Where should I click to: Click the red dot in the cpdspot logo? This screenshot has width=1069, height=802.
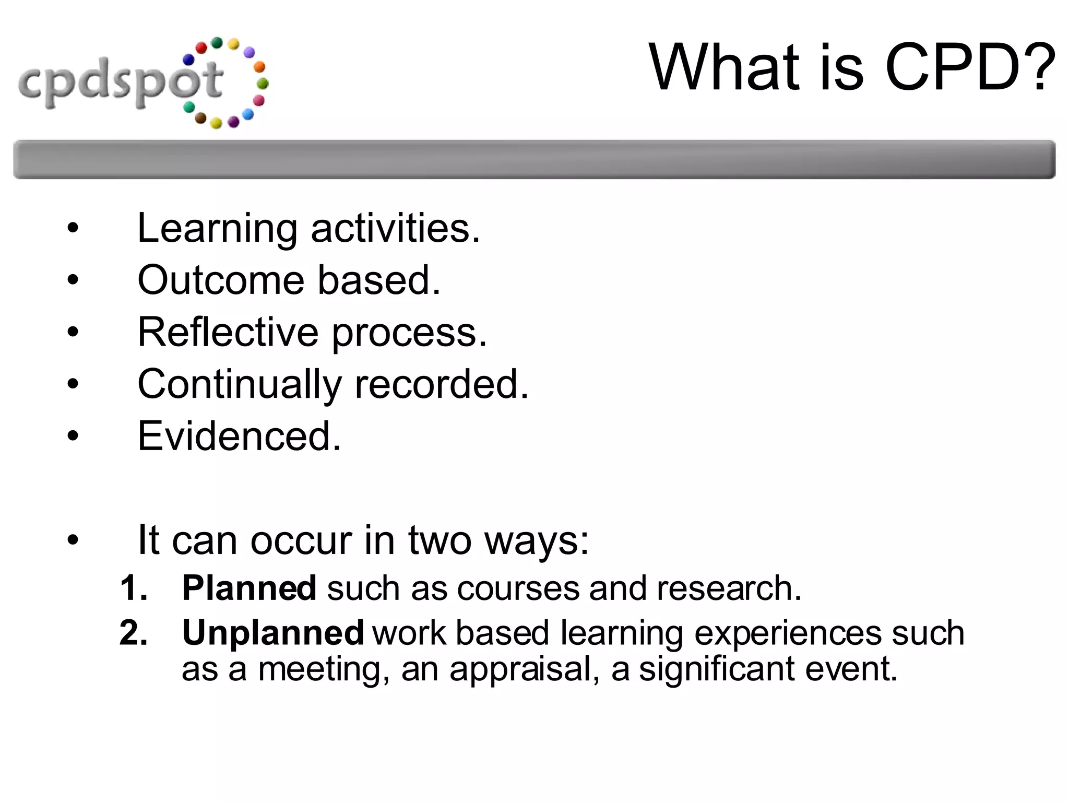[201, 48]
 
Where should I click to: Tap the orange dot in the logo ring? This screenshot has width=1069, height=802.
[259, 67]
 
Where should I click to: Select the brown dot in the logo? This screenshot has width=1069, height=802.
[200, 118]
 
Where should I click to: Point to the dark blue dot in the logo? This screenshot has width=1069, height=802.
[188, 60]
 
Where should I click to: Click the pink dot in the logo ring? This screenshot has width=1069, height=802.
[259, 100]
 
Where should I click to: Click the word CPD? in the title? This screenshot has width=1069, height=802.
[970, 68]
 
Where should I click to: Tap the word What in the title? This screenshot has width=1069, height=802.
[726, 68]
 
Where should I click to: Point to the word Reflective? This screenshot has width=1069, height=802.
[228, 333]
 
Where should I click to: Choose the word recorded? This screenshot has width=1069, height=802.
[442, 384]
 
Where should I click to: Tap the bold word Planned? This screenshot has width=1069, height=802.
[249, 588]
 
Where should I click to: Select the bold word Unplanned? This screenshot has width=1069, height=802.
[272, 633]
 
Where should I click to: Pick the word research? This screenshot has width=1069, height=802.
[729, 588]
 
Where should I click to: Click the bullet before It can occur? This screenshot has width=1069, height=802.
[73, 540]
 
